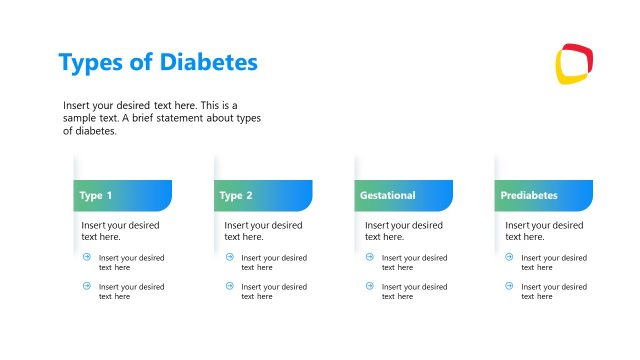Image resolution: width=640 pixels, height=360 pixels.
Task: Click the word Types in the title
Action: pyautogui.click(x=93, y=63)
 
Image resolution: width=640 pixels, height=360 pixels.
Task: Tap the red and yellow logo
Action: pyautogui.click(x=574, y=63)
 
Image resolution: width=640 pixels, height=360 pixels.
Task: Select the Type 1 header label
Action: pyautogui.click(x=96, y=195)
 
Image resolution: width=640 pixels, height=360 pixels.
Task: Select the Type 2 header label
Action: pyautogui.click(x=236, y=195)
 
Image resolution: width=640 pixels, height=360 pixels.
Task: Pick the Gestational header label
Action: pyautogui.click(x=387, y=195)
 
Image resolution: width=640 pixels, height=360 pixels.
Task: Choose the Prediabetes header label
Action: pyautogui.click(x=529, y=195)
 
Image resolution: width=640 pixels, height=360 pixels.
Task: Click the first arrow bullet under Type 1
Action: pyautogui.click(x=87, y=257)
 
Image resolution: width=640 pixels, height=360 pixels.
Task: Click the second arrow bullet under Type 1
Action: pyautogui.click(x=87, y=286)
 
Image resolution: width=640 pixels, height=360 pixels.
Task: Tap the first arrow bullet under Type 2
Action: pyautogui.click(x=229, y=257)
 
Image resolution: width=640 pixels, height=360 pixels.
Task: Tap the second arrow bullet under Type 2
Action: pyautogui.click(x=229, y=286)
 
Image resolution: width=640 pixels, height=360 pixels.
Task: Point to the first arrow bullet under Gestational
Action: pyautogui.click(x=369, y=257)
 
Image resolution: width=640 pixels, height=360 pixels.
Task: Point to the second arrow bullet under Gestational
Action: pyautogui.click(x=369, y=286)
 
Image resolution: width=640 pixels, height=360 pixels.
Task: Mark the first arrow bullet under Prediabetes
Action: pyautogui.click(x=509, y=257)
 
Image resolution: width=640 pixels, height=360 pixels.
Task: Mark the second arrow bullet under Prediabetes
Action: pyautogui.click(x=509, y=286)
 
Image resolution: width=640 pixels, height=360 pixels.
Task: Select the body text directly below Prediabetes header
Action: pyautogui.click(x=544, y=231)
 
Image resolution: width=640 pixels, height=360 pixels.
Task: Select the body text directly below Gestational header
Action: pyautogui.click(x=403, y=231)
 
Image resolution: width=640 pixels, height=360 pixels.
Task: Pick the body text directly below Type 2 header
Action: pyautogui.click(x=262, y=231)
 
